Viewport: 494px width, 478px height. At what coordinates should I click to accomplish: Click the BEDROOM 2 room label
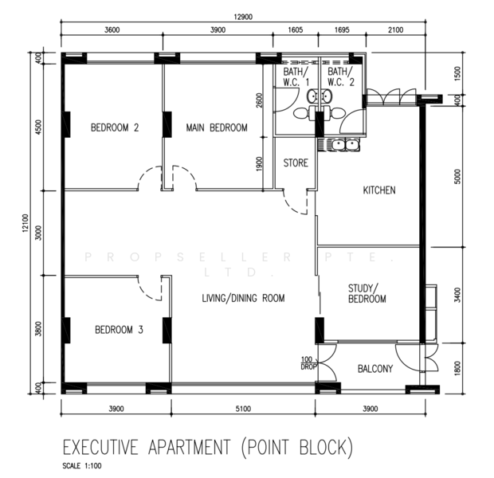115,127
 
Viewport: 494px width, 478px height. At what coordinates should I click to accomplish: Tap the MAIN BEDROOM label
217,127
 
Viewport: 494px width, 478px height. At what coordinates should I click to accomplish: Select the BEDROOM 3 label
119,330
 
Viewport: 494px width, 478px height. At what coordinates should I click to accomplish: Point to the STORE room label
296,163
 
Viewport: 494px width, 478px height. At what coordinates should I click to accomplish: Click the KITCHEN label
379,190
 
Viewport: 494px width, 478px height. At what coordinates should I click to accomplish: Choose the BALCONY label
375,369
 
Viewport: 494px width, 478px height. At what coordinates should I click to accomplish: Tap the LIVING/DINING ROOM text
243,298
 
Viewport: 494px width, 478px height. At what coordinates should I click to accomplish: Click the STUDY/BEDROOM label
367,293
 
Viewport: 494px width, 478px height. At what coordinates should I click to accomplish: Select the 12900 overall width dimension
243,17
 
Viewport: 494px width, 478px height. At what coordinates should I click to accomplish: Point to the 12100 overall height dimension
25,223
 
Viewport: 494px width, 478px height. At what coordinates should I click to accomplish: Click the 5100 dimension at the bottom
243,409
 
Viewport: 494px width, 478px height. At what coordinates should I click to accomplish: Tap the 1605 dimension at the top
296,30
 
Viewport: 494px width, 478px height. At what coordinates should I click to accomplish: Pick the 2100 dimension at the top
396,30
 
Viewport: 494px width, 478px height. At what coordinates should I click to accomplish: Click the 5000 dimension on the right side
458,176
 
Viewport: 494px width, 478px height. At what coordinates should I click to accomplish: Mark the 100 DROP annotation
307,363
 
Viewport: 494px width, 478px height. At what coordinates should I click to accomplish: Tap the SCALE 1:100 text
82,466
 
